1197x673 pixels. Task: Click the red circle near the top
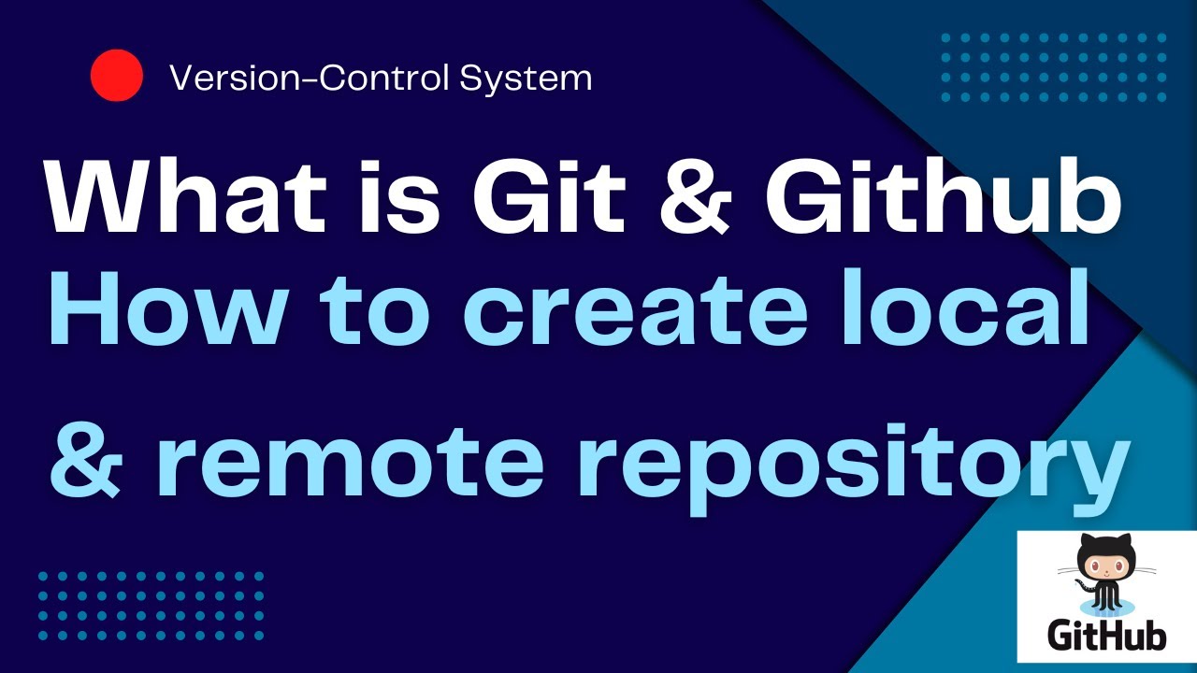click(x=117, y=76)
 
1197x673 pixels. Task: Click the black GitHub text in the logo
click(x=1106, y=636)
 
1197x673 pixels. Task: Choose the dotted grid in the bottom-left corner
click(x=151, y=606)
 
